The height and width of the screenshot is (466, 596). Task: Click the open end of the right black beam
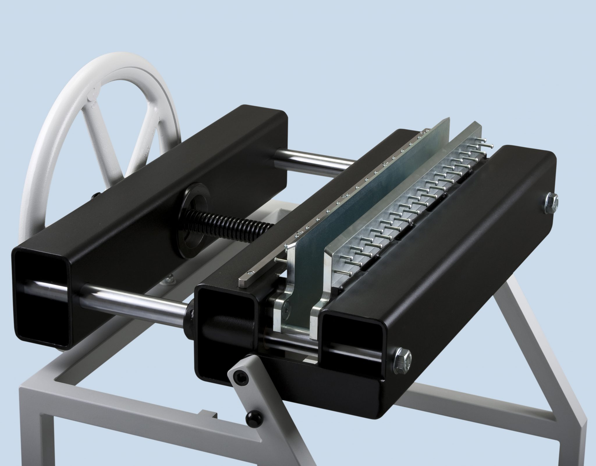tap(349, 344)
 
